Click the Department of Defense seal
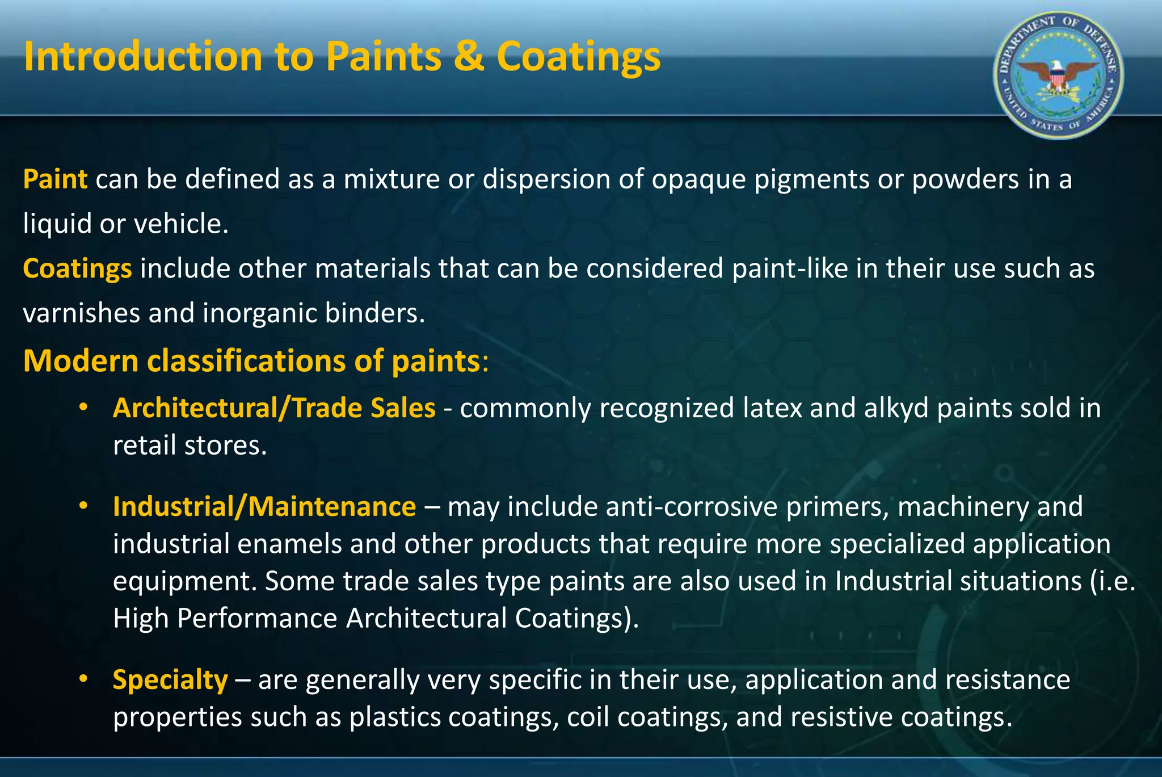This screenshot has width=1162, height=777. point(1058,75)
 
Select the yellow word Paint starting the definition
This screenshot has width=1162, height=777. point(55,179)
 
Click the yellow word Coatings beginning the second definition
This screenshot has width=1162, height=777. point(77,268)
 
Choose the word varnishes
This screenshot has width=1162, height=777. point(81,313)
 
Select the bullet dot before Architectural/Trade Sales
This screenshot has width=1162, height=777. point(83,407)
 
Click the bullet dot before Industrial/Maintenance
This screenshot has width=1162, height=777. point(83,505)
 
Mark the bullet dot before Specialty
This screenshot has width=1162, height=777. point(83,678)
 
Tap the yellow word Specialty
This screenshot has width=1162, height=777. point(170,679)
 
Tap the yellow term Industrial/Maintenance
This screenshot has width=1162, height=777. point(264,506)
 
